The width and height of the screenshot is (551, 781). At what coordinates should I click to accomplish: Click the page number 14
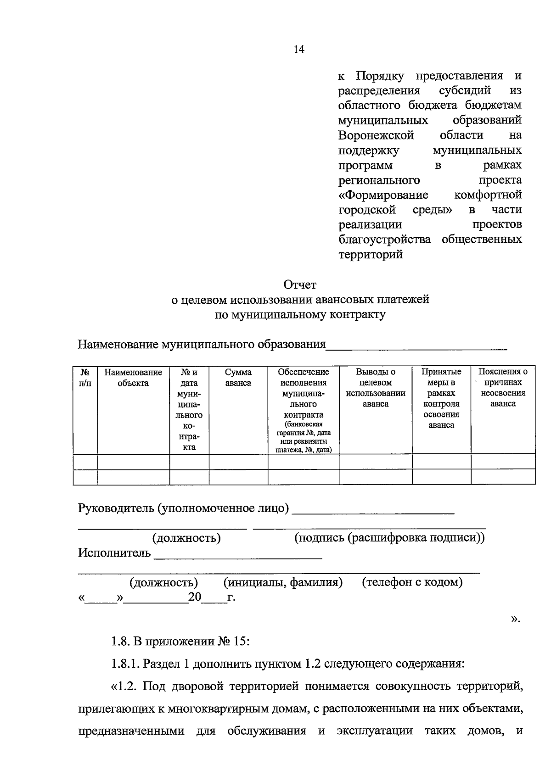click(298, 50)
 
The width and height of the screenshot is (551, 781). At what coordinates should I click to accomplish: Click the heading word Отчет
click(300, 285)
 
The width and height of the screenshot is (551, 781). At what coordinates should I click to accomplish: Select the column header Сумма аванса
click(238, 378)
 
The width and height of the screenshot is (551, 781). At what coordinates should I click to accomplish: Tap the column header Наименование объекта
click(133, 378)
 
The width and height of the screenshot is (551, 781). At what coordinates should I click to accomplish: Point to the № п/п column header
click(85, 378)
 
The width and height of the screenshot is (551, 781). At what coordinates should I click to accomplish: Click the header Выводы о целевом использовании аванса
click(376, 388)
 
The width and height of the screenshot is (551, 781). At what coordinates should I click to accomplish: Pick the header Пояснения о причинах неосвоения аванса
click(503, 388)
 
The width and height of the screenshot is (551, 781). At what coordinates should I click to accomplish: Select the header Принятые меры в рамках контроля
click(441, 398)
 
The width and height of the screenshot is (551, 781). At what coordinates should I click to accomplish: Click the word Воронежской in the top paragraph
click(376, 135)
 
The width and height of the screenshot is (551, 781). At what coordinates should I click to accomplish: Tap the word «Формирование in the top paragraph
click(383, 195)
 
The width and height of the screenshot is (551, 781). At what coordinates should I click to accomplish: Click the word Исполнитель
click(114, 552)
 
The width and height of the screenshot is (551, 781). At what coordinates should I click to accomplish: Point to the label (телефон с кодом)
click(412, 582)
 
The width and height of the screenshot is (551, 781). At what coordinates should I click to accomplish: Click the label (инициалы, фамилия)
click(283, 582)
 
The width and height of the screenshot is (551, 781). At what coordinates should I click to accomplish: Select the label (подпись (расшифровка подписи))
click(389, 538)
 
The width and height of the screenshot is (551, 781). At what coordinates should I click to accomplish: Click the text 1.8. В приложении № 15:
click(180, 641)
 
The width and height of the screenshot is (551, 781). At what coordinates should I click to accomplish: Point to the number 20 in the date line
click(195, 597)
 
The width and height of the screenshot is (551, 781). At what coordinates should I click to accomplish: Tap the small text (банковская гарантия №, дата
click(303, 429)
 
